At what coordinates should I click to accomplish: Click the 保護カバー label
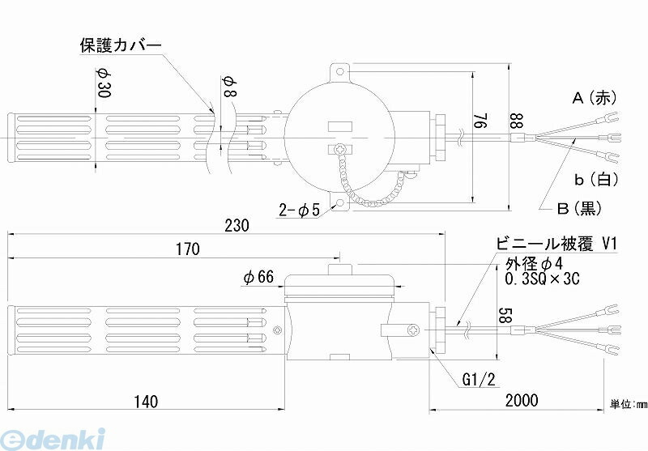(121, 45)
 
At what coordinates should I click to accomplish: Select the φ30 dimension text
(104, 83)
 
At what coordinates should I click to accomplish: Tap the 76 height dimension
(482, 120)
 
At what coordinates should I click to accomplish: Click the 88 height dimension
(518, 121)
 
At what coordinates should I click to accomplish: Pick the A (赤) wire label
(595, 98)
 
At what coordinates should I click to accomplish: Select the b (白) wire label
(596, 179)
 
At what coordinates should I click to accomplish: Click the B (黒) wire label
(580, 208)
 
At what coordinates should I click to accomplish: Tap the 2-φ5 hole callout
(299, 211)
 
